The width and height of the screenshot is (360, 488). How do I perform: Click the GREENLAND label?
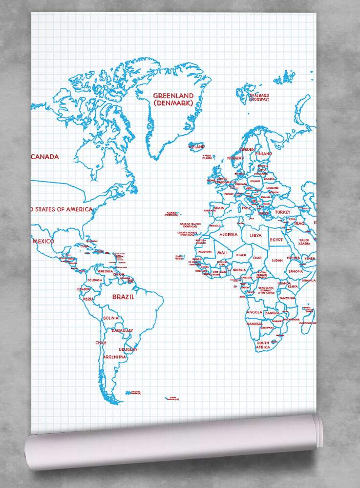tap(173, 96)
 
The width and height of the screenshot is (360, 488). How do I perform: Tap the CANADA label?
tap(44, 157)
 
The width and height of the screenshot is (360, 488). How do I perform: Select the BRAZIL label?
tap(124, 296)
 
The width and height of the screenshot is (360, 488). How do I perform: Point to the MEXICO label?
tap(43, 241)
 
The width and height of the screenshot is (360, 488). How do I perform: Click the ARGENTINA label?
tap(115, 357)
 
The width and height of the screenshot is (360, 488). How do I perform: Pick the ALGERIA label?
tap(228, 235)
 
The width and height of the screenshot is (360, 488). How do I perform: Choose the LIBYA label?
tap(255, 235)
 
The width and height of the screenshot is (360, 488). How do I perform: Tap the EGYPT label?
tap(276, 240)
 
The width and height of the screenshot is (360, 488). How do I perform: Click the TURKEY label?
tap(282, 212)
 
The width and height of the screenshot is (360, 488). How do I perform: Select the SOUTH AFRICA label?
tap(263, 345)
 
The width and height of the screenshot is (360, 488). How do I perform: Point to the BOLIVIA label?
tap(111, 318)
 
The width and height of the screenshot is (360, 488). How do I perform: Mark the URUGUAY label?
tap(128, 349)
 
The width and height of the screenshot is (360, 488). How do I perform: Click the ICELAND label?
tap(196, 146)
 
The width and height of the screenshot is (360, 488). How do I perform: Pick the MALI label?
tap(222, 253)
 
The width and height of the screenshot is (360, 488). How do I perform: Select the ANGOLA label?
tap(255, 312)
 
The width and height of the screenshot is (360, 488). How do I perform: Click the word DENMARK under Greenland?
tap(173, 103)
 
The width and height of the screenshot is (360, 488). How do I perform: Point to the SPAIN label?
tap(219, 208)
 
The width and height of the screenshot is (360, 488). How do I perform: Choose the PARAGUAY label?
tap(122, 330)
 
